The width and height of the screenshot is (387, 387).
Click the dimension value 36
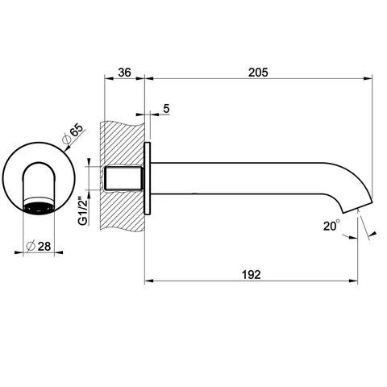[x=124, y=73]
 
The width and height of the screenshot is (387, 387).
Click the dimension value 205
[x=258, y=73]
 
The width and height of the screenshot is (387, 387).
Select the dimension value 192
[x=252, y=275]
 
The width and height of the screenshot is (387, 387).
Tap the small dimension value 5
[x=166, y=109]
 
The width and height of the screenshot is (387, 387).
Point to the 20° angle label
[x=331, y=226]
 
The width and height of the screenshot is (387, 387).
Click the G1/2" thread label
[x=83, y=208]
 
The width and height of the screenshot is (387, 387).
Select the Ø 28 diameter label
[x=39, y=246]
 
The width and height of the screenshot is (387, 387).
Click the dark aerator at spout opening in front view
[x=39, y=207]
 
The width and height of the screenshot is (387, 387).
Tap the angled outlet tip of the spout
[x=357, y=207]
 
